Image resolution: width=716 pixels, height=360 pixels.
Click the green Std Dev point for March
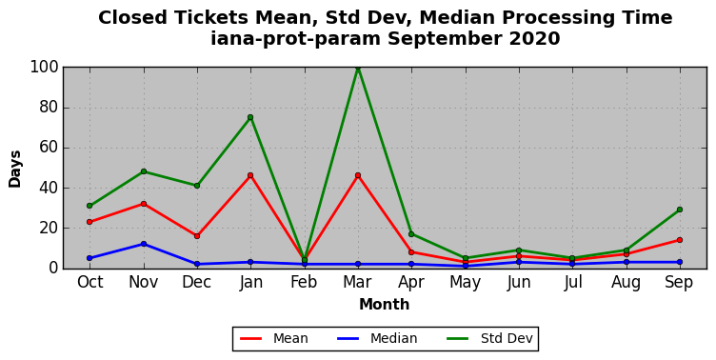coord(358,68)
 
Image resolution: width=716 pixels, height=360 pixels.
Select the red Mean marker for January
coord(250,175)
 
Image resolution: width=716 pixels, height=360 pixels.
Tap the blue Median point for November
coord(144,244)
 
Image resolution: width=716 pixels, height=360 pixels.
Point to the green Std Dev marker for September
coord(680,210)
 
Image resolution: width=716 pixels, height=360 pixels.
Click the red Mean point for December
coord(197,236)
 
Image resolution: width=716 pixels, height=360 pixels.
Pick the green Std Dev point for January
coord(250,117)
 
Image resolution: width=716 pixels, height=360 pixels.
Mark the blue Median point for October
coord(89,258)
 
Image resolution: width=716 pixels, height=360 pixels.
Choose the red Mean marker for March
coord(358,175)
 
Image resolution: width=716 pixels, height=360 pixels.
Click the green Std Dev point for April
coord(411,234)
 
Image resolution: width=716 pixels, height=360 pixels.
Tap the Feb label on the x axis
coord(304,282)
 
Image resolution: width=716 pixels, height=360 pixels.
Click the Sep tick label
coord(680,282)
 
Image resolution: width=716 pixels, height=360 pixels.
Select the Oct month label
coord(89,282)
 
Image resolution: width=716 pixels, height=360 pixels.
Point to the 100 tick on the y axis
coord(45,68)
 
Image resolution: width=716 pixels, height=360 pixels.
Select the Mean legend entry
coord(274,338)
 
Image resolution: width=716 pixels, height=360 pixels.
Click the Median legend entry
coord(377,338)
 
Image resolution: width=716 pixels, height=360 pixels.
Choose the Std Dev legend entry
coord(489,338)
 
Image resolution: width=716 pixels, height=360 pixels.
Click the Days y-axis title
coord(14,169)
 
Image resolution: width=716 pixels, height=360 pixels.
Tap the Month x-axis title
coord(384,304)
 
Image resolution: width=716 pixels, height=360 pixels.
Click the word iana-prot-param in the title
coord(295,39)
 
